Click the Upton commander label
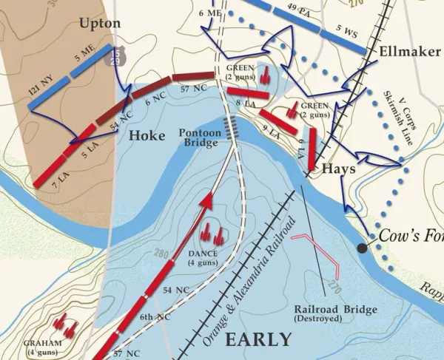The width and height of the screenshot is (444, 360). click(99, 24)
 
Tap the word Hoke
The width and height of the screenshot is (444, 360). click(147, 135)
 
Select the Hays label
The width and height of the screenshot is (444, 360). click(340, 169)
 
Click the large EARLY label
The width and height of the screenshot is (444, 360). click(258, 339)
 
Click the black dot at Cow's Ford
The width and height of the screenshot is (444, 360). click(362, 248)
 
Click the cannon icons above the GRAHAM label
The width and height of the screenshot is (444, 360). click(67, 323)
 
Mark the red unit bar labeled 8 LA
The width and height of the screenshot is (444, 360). click(247, 97)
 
